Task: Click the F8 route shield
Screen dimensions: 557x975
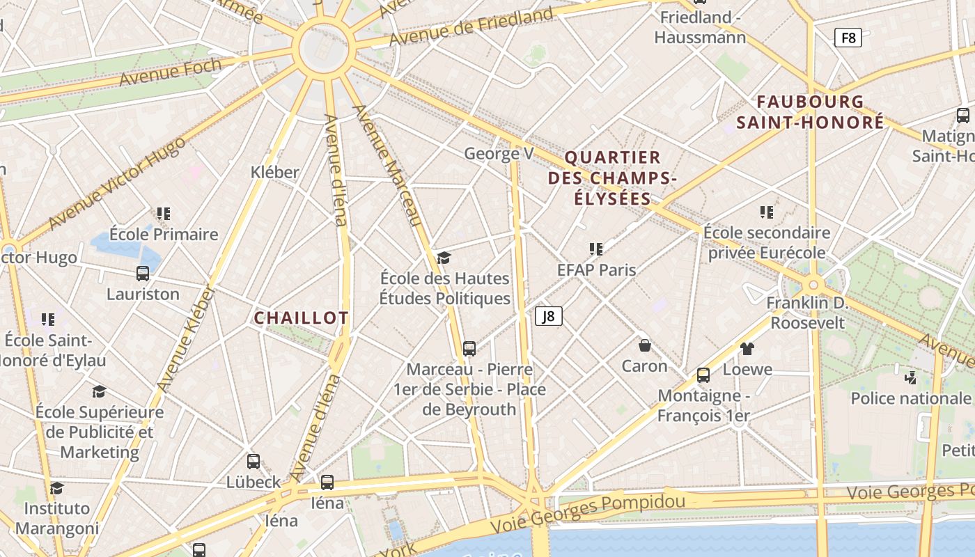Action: click(848, 38)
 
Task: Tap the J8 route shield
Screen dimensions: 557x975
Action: click(549, 317)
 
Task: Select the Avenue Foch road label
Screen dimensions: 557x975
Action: click(171, 72)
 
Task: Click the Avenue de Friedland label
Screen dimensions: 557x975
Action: click(471, 26)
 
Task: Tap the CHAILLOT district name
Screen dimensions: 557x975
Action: click(301, 318)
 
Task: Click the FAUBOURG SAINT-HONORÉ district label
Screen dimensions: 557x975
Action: click(811, 112)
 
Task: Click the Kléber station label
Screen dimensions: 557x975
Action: click(275, 172)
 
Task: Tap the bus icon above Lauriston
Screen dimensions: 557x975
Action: click(143, 274)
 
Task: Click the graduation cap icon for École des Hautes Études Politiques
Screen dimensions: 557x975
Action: click(444, 258)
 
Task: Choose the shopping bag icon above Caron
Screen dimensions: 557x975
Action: click(645, 345)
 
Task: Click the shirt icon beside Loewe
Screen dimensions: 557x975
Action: click(747, 349)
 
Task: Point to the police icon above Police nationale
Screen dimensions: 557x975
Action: click(910, 378)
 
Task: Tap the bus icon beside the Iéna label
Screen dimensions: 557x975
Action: click(327, 482)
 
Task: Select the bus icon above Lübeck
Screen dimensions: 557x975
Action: click(253, 461)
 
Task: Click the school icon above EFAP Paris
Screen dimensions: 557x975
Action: click(596, 249)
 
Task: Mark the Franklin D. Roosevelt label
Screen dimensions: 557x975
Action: click(807, 313)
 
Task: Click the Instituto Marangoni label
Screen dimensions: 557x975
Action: click(57, 518)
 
